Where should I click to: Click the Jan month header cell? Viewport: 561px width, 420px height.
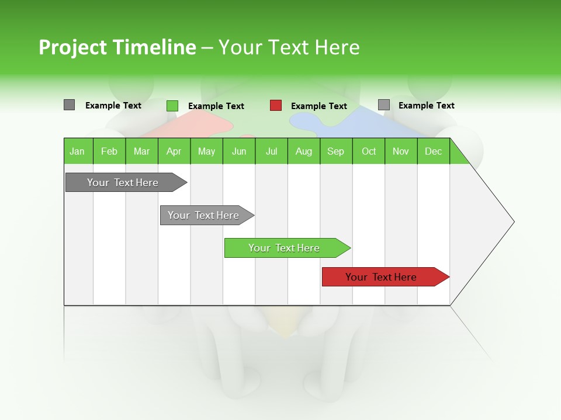click(78, 151)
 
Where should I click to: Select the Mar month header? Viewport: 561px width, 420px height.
click(141, 151)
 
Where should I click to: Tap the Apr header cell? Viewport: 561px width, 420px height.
click(174, 151)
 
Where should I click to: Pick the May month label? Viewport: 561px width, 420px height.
click(206, 151)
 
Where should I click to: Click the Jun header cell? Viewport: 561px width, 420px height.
click(239, 151)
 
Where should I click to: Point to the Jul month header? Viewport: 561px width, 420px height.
click(271, 151)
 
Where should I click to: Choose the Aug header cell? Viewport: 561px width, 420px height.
click(304, 151)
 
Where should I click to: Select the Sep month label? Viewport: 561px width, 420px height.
click(336, 151)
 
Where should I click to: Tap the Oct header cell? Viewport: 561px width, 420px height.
click(369, 151)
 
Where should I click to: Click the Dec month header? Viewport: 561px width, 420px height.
click(434, 151)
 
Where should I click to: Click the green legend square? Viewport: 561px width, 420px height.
click(172, 106)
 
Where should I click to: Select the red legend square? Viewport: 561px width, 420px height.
click(276, 106)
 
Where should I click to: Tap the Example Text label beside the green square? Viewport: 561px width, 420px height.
click(216, 106)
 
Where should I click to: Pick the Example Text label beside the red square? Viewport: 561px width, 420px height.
click(319, 106)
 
